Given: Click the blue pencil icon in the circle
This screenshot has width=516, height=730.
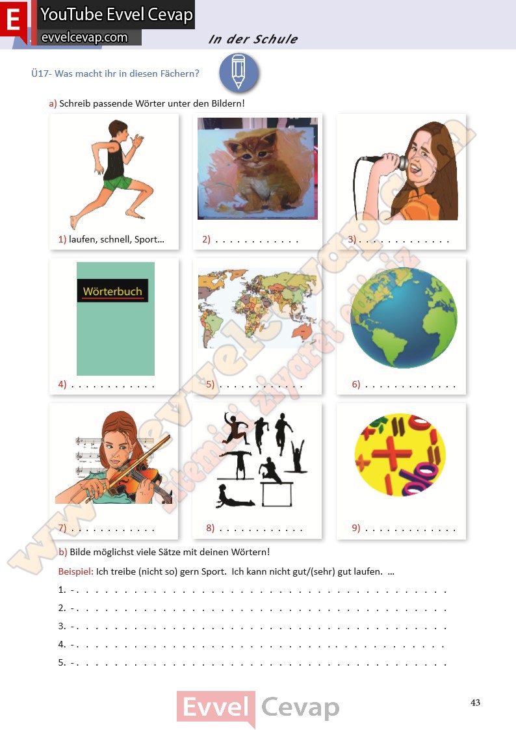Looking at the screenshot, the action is (239, 73).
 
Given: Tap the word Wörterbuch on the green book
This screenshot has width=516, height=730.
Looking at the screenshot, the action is (112, 291).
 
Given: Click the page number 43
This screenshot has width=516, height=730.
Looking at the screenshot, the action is (475, 703).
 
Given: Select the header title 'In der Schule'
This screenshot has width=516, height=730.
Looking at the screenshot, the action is (253, 39).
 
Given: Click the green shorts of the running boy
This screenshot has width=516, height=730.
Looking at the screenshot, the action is (117, 183).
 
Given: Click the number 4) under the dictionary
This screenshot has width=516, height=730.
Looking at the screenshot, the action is (62, 384).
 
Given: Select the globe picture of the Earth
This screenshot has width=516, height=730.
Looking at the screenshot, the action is (404, 318).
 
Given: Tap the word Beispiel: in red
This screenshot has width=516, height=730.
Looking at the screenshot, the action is (75, 571).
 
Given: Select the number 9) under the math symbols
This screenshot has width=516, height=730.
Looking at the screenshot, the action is (356, 527).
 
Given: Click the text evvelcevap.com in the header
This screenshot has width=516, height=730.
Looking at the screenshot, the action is (84, 37).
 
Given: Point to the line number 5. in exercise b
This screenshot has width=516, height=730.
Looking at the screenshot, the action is (62, 662).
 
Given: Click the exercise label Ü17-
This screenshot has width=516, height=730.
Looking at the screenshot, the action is (42, 73).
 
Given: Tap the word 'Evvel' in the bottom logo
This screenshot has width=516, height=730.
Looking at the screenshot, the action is (216, 708).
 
